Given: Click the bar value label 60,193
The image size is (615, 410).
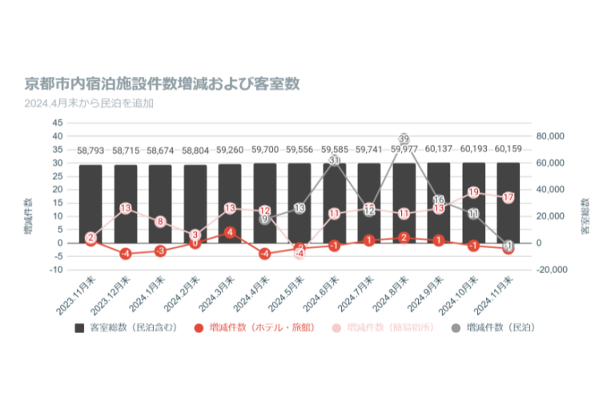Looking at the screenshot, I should pos(473,149).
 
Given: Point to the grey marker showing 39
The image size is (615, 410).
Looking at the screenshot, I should pos(404,139).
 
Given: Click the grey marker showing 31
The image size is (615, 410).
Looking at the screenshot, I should pos(334,160).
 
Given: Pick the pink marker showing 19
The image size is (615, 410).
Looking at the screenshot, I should pos(473,192).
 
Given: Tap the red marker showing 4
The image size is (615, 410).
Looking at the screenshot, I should pos(230,232).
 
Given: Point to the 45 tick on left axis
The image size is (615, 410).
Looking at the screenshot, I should pos(57,123).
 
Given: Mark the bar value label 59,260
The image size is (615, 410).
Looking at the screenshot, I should pos(230,149).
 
